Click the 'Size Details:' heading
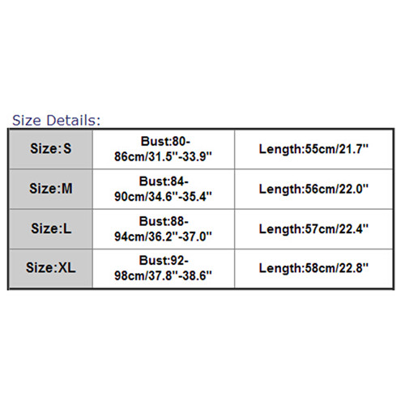pyautogui.click(x=56, y=120)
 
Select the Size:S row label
pyautogui.click(x=51, y=148)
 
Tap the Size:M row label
pyautogui.click(x=51, y=188)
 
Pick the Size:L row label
pyautogui.click(x=51, y=228)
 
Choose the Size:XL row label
pyautogui.click(x=51, y=267)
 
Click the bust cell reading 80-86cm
pyautogui.click(x=163, y=149)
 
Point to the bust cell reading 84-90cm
pyautogui.click(x=163, y=189)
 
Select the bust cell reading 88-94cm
pyautogui.click(x=163, y=228)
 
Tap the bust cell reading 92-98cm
pyautogui.click(x=163, y=268)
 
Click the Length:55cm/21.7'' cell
pyautogui.click(x=313, y=149)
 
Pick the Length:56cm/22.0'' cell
pyautogui.click(x=313, y=189)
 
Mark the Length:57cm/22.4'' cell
pyautogui.click(x=313, y=229)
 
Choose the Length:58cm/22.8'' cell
pyautogui.click(x=313, y=268)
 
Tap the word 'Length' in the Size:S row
pyautogui.click(x=280, y=150)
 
